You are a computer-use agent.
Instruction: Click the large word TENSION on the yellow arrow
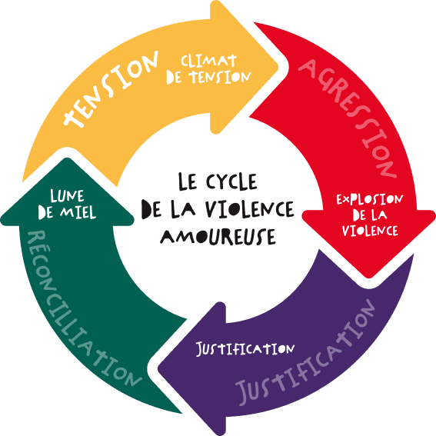click(111, 89)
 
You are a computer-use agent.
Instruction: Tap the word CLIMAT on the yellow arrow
click(209, 61)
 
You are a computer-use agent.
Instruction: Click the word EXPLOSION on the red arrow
click(370, 199)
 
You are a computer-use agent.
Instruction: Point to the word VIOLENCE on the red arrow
click(370, 231)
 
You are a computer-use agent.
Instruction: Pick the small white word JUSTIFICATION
click(245, 348)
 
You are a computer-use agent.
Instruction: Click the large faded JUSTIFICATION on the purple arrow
click(306, 353)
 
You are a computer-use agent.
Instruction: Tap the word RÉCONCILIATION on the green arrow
click(81, 308)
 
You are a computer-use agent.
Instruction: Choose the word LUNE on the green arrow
click(67, 196)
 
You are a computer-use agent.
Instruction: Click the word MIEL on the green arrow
click(78, 213)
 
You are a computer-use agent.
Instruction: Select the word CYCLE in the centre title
click(231, 181)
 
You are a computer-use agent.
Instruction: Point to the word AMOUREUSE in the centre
click(218, 237)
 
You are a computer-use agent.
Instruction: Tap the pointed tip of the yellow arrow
click(278, 67)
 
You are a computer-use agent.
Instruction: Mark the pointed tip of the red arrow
click(369, 278)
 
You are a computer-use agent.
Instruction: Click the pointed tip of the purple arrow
click(158, 369)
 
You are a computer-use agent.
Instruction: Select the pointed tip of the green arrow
click(67, 158)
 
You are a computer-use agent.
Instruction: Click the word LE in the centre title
click(187, 181)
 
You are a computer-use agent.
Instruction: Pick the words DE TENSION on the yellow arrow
click(208, 77)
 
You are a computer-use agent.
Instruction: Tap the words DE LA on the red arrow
click(370, 215)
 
